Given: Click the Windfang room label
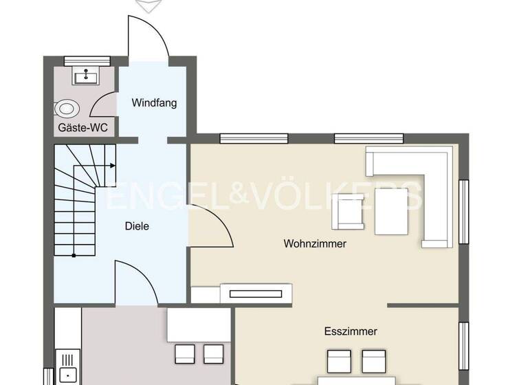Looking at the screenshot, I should coord(154,103).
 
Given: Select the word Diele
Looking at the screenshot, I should coord(137,225).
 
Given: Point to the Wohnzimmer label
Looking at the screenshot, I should coord(315,244).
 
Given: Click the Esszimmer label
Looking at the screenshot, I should coord(351,331).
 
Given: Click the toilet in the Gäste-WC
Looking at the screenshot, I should coord(67,109).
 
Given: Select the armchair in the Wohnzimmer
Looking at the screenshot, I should coord(348,212).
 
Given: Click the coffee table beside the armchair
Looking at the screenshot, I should coord(391,211).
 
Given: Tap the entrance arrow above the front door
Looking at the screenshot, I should coord(147,5).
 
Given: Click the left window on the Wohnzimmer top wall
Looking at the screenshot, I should coord(243,138).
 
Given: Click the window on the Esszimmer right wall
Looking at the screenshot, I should coord(464,340).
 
